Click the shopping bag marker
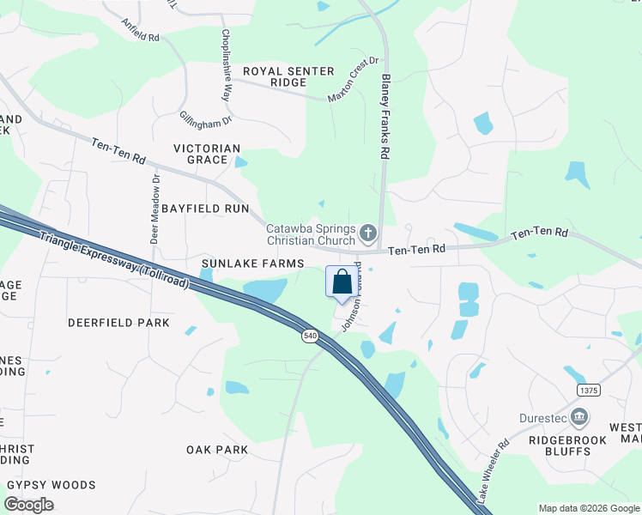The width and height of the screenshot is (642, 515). point(342,282)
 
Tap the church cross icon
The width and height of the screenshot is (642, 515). point(368,232)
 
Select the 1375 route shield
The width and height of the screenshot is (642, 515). point(589,390)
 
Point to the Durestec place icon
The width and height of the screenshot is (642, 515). point(580,418)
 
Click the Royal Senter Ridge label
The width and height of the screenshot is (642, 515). point(275,76)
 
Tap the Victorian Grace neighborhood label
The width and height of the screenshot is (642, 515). point(206,154)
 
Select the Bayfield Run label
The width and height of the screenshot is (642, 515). point(204,209)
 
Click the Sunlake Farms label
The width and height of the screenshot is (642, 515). point(241,262)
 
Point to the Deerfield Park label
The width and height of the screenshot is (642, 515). point(119,323)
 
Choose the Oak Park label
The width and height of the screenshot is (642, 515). point(217,450)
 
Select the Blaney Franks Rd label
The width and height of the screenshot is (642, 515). point(386,117)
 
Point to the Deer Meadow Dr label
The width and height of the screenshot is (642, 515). point(155,210)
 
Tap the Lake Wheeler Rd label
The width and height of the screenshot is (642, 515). point(494,471)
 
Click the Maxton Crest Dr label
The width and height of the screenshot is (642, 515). point(353,80)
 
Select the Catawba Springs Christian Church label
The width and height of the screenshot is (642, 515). point(310,234)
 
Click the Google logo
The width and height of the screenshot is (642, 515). point(29,505)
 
